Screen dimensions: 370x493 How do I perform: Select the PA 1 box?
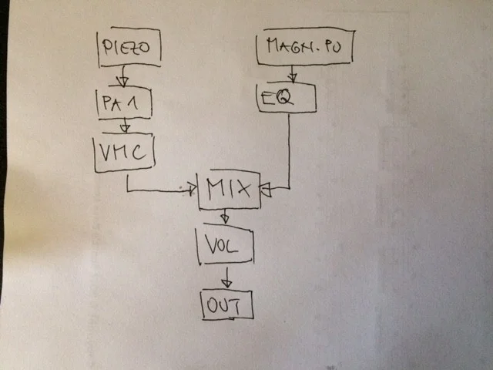tap(122, 102)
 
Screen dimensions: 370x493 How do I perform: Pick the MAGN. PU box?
tap(304, 49)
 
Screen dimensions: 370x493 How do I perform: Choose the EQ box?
tap(286, 98)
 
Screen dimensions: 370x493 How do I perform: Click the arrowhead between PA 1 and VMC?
tap(123, 129)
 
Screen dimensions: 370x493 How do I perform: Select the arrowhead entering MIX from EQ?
tap(264, 190)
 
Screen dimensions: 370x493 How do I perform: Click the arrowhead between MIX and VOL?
tap(224, 219)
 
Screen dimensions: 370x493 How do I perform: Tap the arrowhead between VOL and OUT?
tap(226, 282)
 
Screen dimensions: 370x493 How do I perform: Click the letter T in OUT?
tap(242, 306)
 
